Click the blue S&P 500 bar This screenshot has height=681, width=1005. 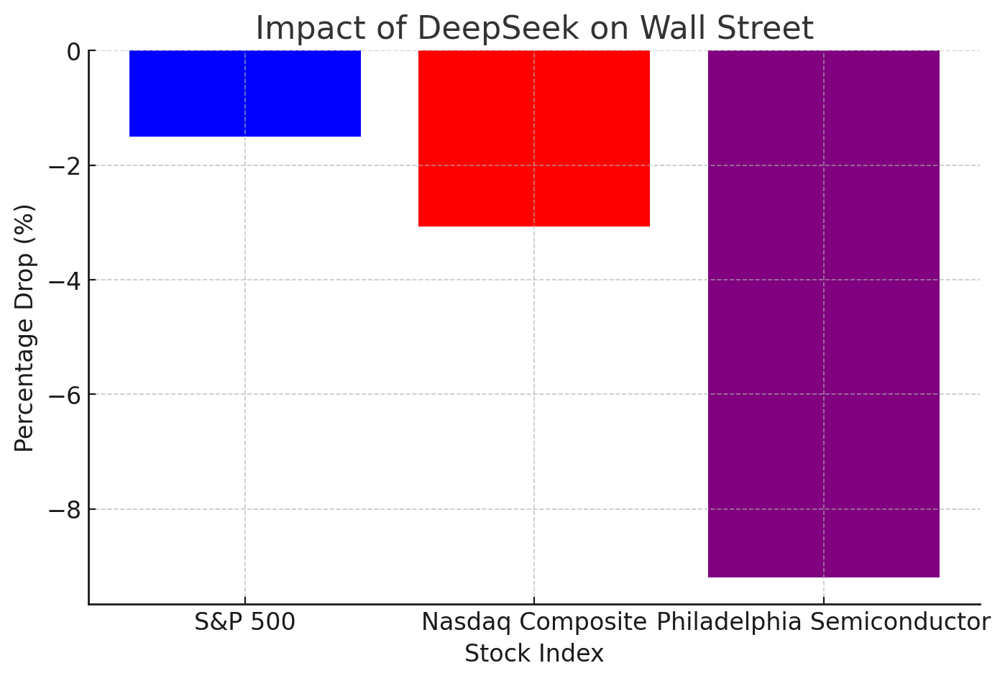coord(245,93)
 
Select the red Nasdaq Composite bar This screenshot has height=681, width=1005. coord(534,138)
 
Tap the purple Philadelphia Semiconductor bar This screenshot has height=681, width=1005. coord(824,314)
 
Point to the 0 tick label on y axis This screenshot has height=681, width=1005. coord(73,52)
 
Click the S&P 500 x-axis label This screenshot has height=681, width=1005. coord(245,622)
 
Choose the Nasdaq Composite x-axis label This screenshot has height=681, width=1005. coord(534,622)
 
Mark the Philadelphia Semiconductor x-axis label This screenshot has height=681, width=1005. coord(824,622)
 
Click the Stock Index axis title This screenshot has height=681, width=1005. coord(534,654)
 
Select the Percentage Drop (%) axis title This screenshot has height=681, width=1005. coord(24,328)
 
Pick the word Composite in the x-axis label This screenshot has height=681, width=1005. coord(591,622)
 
